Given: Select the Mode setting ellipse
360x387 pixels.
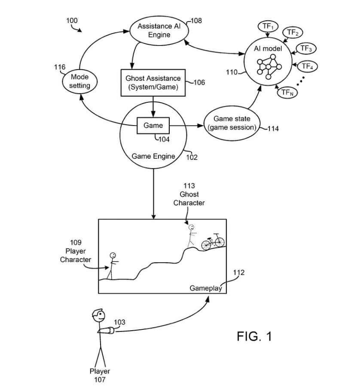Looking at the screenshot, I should click(80, 81).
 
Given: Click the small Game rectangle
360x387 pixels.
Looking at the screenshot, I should click(153, 125).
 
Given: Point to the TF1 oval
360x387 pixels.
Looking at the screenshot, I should click(268, 26).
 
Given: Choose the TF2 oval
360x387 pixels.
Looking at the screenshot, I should click(292, 33).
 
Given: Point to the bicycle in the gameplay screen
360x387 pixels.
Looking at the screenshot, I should click(213, 242).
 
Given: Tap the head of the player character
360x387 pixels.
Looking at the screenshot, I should click(113, 255).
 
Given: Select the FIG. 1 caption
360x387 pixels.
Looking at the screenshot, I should click(254, 336).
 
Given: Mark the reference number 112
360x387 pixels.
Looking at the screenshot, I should click(238, 272).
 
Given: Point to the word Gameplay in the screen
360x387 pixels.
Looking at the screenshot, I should click(206, 288).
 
